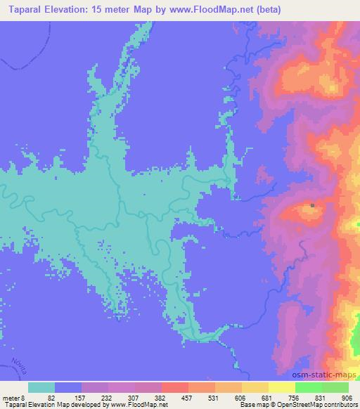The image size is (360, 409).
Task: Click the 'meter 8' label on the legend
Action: [x=14, y=397]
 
